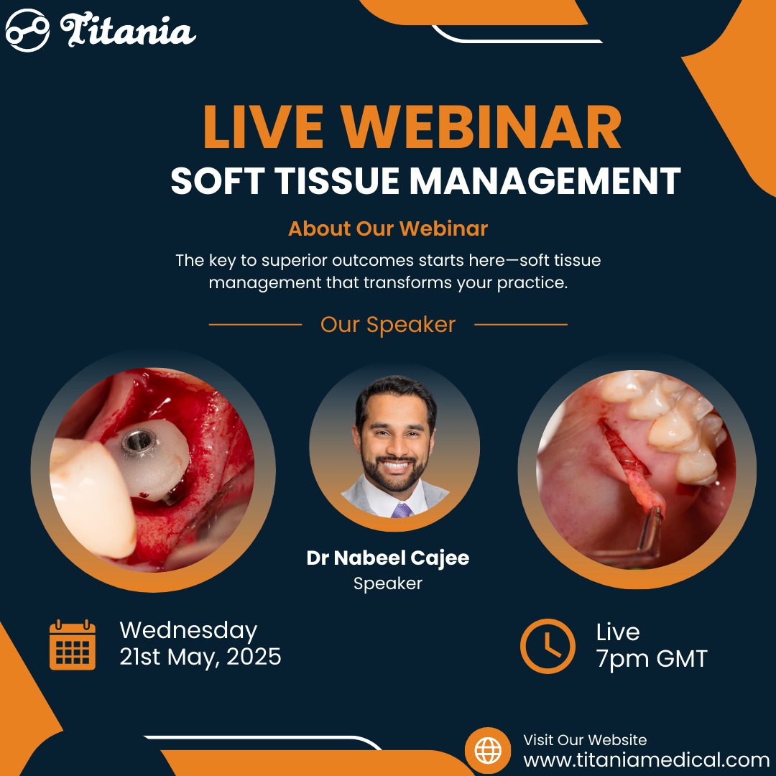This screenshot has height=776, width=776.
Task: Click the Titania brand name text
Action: coord(128,31)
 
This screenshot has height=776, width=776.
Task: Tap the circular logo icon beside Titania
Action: coord(27,31)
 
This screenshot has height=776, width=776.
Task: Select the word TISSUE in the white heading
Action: coord(336,180)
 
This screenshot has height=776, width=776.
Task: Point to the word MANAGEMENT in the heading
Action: coord(545,180)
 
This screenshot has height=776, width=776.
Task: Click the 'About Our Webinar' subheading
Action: coord(388,228)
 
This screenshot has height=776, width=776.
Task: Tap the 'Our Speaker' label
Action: coord(388,325)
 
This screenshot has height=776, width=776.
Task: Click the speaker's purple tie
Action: coord(402,510)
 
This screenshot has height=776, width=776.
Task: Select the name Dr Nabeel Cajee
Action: coord(388,558)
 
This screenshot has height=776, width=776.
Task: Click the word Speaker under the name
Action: coord(388,583)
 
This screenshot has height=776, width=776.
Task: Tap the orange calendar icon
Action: coord(73,645)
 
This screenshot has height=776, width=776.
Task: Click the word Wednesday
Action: coord(188,631)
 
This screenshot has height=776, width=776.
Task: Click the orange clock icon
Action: coord(548,646)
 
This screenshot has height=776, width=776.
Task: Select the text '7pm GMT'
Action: coord(652,659)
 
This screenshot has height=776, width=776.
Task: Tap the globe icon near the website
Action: coord(488,750)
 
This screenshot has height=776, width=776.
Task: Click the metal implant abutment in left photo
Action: coord(139,440)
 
